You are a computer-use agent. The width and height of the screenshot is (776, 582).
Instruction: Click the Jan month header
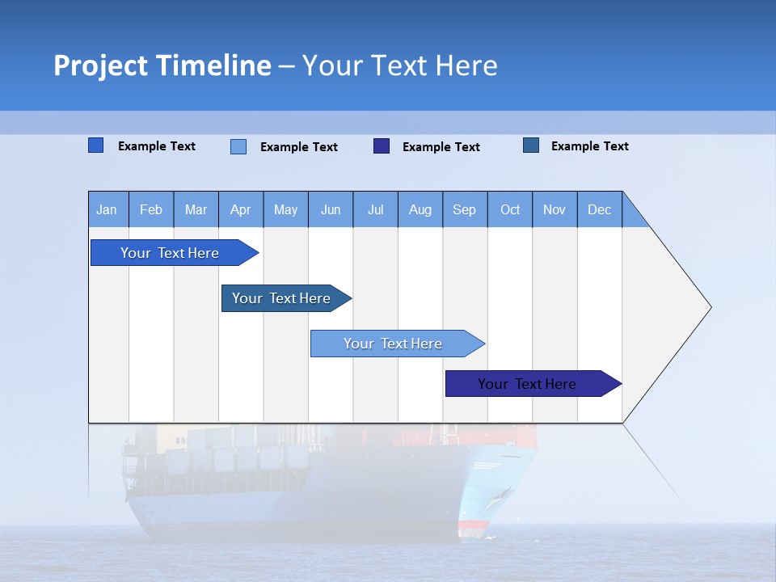pos(107,209)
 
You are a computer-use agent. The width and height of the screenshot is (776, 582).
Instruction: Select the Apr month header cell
pos(240,209)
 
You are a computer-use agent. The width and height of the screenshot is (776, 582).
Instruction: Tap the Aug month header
pos(420,209)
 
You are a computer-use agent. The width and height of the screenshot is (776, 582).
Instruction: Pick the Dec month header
pos(599,209)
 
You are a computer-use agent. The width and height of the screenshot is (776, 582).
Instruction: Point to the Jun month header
pos(330,209)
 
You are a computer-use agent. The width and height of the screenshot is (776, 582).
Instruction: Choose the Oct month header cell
pos(509,209)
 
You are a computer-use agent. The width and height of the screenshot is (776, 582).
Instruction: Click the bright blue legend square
pos(95,145)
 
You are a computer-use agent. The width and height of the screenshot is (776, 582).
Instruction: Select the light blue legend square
pos(238,146)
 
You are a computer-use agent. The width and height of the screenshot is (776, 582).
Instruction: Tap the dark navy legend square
pos(382,146)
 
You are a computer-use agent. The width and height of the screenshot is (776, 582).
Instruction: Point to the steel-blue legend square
pos(531,145)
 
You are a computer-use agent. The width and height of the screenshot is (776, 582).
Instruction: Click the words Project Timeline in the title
pos(162,65)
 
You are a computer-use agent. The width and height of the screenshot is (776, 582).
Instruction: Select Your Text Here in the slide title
pos(400,65)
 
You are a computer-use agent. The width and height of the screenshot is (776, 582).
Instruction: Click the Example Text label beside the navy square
pos(441,147)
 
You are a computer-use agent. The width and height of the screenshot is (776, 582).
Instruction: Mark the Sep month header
pos(464,209)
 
